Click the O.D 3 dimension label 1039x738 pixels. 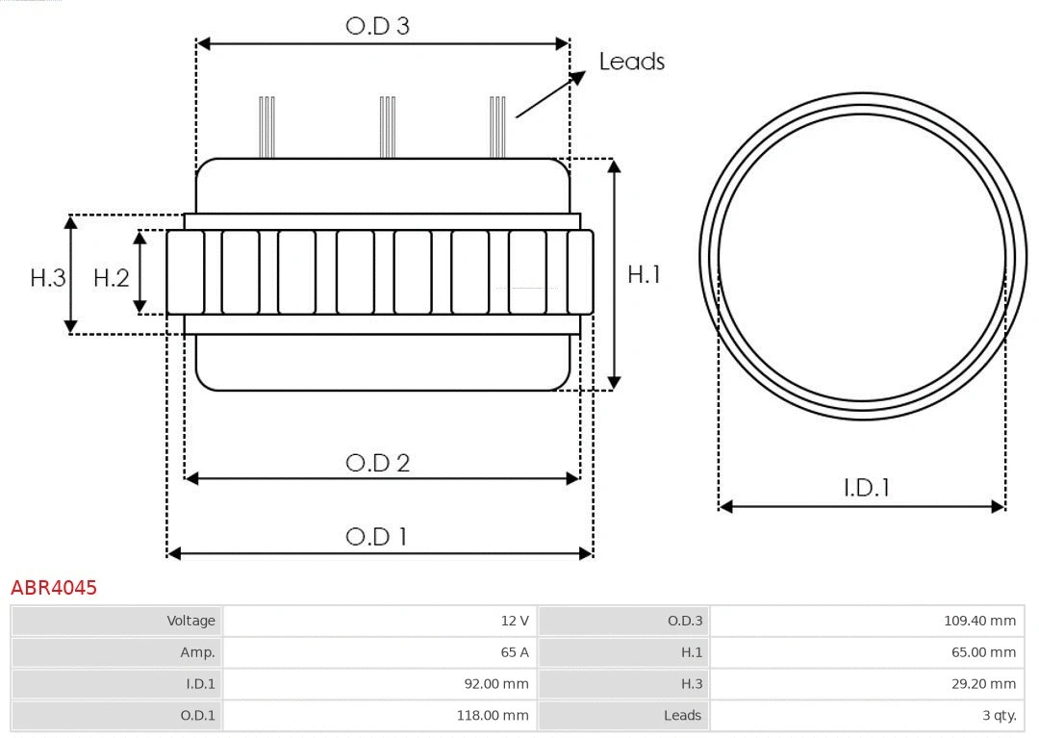pyautogui.click(x=377, y=26)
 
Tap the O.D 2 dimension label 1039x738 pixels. pyautogui.click(x=377, y=463)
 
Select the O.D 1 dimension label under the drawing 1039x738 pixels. pyautogui.click(x=376, y=537)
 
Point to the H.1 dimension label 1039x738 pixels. pyautogui.click(x=644, y=274)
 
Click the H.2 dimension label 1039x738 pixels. pyautogui.click(x=111, y=278)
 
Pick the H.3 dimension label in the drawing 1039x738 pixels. pyautogui.click(x=47, y=278)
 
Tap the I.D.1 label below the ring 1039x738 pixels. pyautogui.click(x=866, y=488)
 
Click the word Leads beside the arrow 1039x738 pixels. pyautogui.click(x=631, y=62)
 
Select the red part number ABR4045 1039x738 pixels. pyautogui.click(x=54, y=588)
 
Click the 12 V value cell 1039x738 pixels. pyautogui.click(x=379, y=621)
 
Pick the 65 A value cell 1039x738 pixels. pyautogui.click(x=379, y=652)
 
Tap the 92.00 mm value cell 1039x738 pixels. pyautogui.click(x=379, y=684)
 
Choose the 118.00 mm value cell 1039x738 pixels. pyautogui.click(x=379, y=715)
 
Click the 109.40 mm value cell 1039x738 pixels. pyautogui.click(x=867, y=621)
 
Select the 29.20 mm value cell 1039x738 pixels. pyautogui.click(x=867, y=684)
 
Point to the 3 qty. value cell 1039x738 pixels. pyautogui.click(x=867, y=715)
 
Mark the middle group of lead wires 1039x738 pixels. pyautogui.click(x=388, y=127)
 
